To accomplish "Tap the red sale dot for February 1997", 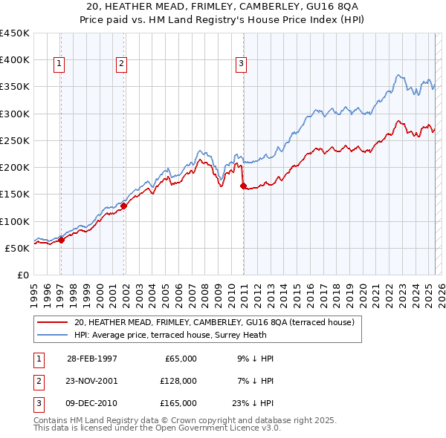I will pyautogui.click(x=62, y=240).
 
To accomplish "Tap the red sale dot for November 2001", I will pyautogui.click(x=124, y=206).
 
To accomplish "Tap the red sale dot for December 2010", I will pyautogui.click(x=243, y=186).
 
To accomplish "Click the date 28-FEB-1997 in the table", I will pyautogui.click(x=92, y=359).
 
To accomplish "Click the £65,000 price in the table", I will pyautogui.click(x=178, y=359).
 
